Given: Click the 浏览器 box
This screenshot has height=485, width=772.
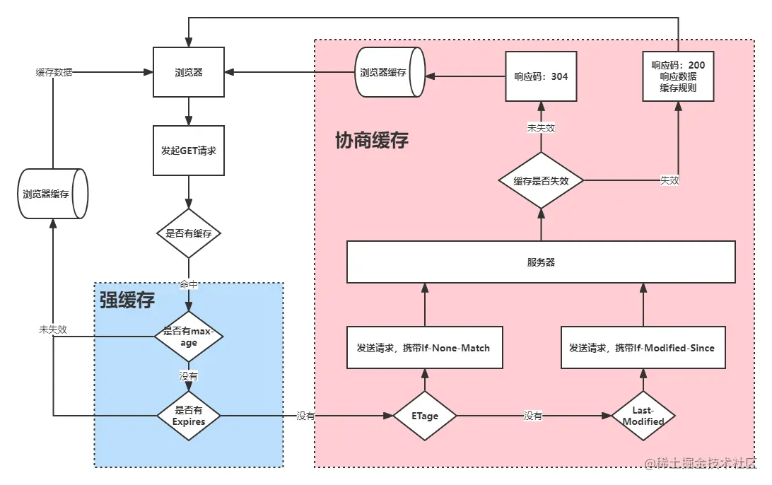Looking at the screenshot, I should pos(189,72).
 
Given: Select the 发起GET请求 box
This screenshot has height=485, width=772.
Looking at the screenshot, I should pos(189,151).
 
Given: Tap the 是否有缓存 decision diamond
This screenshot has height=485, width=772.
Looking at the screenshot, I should pos(189,233).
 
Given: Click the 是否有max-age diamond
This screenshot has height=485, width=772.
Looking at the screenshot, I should pos(189,337).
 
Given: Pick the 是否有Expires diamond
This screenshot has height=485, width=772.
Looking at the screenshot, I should pos(189,416).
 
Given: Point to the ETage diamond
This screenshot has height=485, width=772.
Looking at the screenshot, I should pos(425,416).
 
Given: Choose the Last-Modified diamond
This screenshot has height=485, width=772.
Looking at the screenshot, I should pos(643,416).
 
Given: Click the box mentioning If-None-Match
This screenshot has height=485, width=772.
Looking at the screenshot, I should pos(424,347).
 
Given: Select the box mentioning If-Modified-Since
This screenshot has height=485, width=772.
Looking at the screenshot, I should pos(643,347).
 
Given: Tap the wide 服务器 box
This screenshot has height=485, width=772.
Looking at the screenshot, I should pos(541,262).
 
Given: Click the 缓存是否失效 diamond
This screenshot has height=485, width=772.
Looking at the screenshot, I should pos(541,180).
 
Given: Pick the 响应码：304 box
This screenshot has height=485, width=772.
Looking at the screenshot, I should pos(541,76).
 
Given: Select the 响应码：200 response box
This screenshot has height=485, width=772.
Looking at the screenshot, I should pos(678,76).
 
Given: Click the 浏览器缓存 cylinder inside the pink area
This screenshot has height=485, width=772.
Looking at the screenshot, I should pos(389,73).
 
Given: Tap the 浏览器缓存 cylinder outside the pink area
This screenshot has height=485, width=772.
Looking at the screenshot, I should pos(52,194).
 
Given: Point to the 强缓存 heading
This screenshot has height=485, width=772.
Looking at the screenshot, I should pos(127,300).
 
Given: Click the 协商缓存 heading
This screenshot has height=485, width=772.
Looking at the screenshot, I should pos(371,140).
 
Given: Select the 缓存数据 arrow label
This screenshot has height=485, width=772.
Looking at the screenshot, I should pos(54,72).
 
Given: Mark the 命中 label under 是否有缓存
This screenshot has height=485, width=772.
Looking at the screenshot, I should pos(189,284).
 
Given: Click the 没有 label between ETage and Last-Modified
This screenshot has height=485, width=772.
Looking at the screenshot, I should pos(533,416).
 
